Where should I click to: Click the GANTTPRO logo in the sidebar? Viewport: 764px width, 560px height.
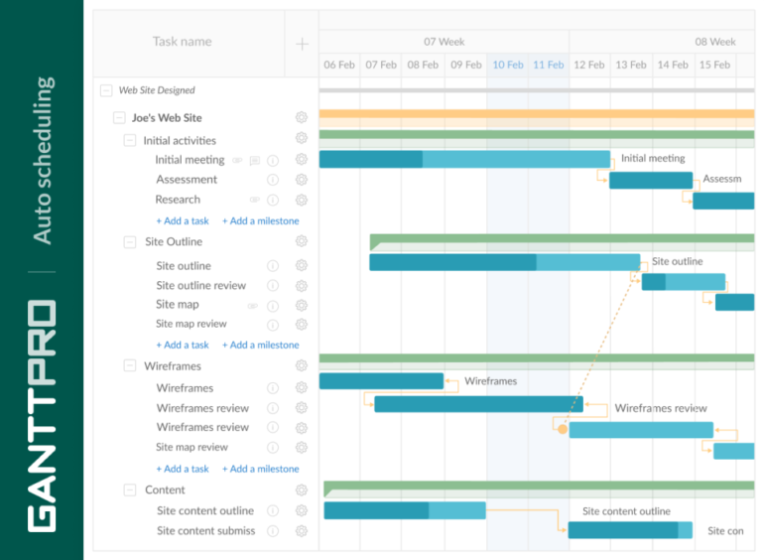coord(42,415)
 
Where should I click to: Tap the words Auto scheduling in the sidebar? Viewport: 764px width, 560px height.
coord(43,160)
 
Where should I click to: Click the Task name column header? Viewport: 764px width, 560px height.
coord(182,42)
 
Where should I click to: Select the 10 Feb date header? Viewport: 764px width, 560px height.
coord(507,65)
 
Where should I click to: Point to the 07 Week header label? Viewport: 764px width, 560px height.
coord(444,42)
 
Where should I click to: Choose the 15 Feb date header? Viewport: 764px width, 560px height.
coord(714,65)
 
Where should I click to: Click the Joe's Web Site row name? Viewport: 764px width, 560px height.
coord(167,117)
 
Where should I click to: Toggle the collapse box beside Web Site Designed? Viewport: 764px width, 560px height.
coord(106,90)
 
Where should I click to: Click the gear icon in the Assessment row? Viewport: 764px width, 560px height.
coord(301,180)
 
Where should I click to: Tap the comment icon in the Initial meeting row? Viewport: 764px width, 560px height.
coord(255,160)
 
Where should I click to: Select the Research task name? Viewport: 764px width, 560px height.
coord(178,200)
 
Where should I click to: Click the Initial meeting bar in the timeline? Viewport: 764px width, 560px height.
coord(463,159)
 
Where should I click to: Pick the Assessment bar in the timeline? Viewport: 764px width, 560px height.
coord(650,180)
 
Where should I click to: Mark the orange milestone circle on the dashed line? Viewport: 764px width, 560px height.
coord(563,429)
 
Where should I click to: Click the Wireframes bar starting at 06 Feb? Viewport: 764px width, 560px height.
coord(381,381)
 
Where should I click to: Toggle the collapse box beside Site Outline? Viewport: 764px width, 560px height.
coord(130,242)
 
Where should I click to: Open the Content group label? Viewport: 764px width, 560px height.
coord(165,490)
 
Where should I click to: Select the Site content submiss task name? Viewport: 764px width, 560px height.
coord(205,531)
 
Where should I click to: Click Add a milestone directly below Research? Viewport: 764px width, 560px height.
coord(260,221)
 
